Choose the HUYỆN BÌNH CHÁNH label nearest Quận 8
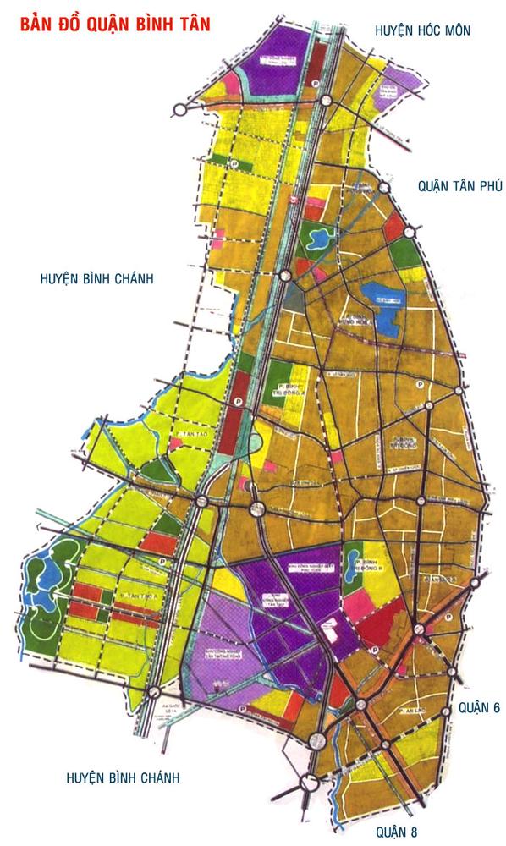(x=124, y=777)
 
